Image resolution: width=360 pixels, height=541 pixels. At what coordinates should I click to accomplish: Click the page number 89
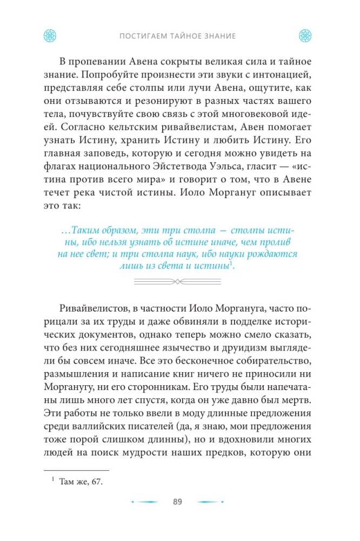point(178,502)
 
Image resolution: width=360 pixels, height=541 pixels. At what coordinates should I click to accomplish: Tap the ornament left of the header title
point(50,36)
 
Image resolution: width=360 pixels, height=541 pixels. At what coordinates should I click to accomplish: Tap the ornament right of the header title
point(306,36)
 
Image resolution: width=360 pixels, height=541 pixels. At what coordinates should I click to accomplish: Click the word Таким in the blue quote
point(85,230)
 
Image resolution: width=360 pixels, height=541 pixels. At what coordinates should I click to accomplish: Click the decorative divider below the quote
point(178,281)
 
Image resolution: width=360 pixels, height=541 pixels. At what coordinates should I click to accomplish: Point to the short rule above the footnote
point(76,471)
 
